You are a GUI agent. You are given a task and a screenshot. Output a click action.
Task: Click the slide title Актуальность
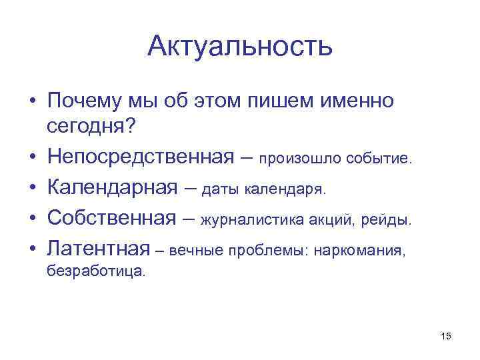click(x=240, y=46)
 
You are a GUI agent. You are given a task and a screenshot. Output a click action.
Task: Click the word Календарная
click(x=112, y=188)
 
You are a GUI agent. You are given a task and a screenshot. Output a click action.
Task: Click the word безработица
click(x=95, y=271)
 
